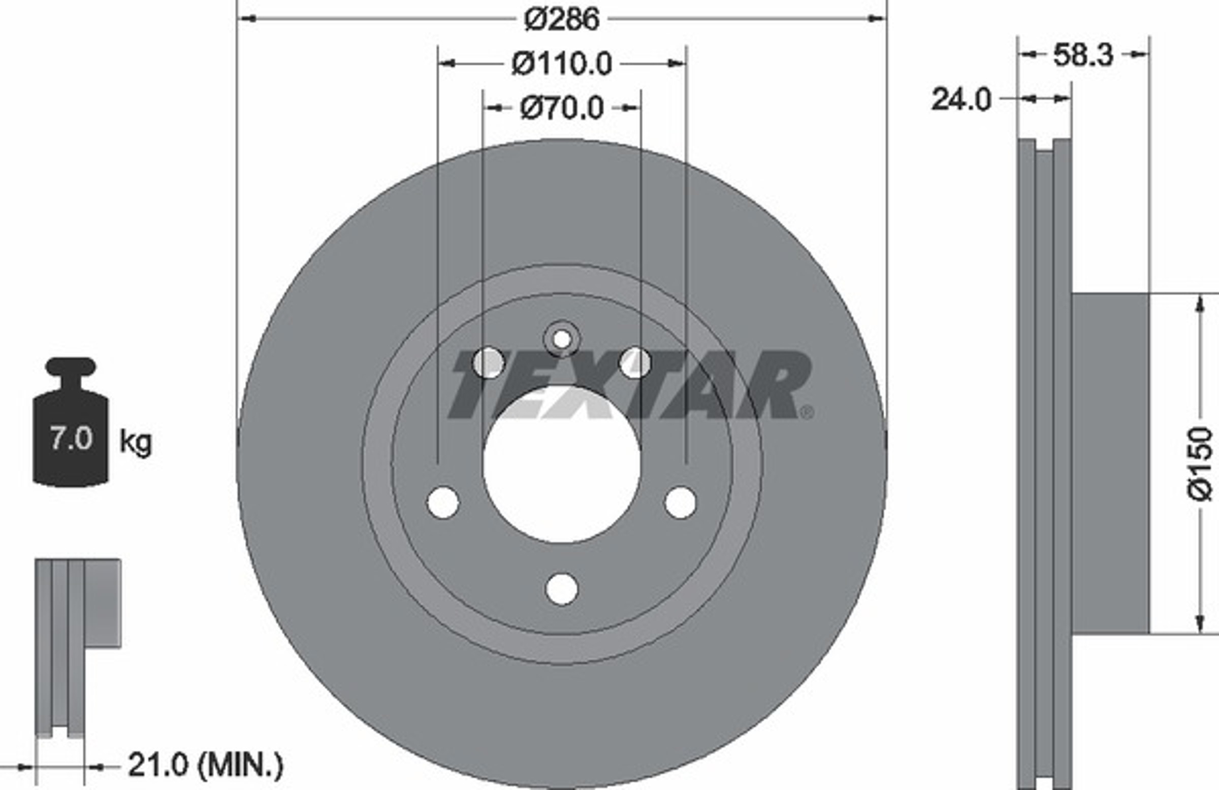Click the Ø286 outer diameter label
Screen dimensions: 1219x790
pos(562,19)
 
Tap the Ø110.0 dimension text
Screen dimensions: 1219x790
pos(562,64)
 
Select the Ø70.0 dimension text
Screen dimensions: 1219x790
pos(562,108)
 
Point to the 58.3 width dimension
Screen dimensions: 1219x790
pos(1083,55)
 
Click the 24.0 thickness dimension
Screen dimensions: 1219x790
pos(961,100)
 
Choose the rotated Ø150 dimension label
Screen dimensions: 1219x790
pos(1199,464)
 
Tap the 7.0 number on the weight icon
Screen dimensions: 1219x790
pos(71,438)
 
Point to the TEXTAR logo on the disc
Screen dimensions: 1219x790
pos(629,384)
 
